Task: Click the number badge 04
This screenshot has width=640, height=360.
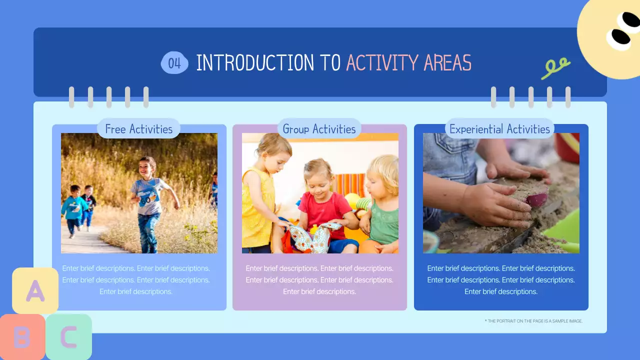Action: [174, 63]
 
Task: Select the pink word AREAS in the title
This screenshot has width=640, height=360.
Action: [447, 63]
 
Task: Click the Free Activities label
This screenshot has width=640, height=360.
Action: [138, 129]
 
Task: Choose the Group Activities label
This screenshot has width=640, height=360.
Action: [319, 129]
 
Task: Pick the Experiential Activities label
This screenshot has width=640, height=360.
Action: [499, 129]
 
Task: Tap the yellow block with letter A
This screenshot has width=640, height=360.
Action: [35, 290]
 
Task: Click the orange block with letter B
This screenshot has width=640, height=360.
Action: [21, 337]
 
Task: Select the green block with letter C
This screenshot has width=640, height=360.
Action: [69, 337]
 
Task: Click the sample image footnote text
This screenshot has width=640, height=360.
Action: [533, 321]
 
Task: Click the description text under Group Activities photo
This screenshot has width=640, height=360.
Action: [319, 280]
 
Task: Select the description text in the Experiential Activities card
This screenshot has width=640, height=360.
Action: [501, 280]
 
